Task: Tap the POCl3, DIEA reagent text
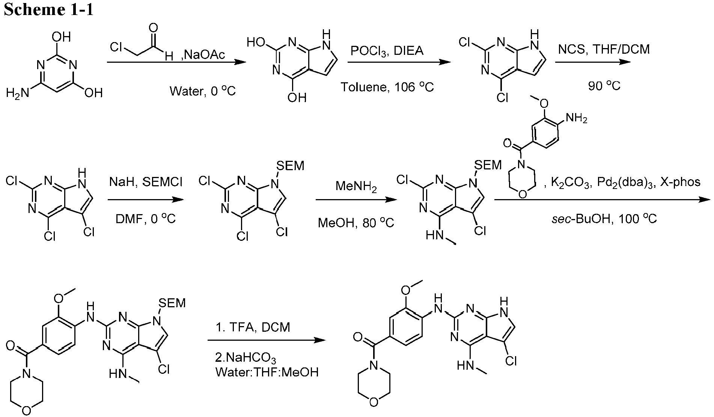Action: [387, 51]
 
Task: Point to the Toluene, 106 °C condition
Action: [387, 87]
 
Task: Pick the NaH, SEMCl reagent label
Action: [146, 182]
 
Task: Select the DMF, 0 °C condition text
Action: [146, 218]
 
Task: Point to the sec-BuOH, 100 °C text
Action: [604, 218]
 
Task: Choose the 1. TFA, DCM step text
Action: [253, 327]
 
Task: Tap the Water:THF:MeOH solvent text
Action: [267, 372]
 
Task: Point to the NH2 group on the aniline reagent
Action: [575, 119]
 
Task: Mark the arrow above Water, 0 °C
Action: [176, 62]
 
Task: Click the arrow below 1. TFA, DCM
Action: [267, 340]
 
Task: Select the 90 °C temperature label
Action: [604, 86]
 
